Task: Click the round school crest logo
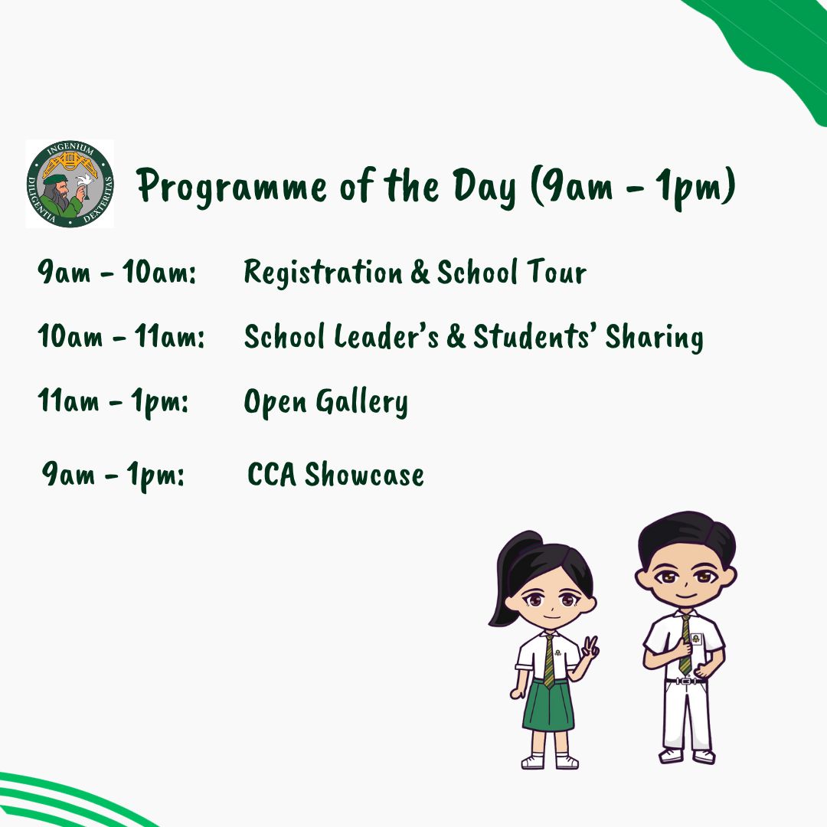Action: click(x=70, y=184)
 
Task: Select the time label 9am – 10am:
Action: click(x=117, y=273)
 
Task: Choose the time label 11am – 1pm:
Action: click(x=113, y=401)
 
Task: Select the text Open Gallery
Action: click(x=325, y=402)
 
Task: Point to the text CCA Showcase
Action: click(x=335, y=475)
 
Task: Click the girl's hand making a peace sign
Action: click(x=590, y=649)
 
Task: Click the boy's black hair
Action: click(x=685, y=531)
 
